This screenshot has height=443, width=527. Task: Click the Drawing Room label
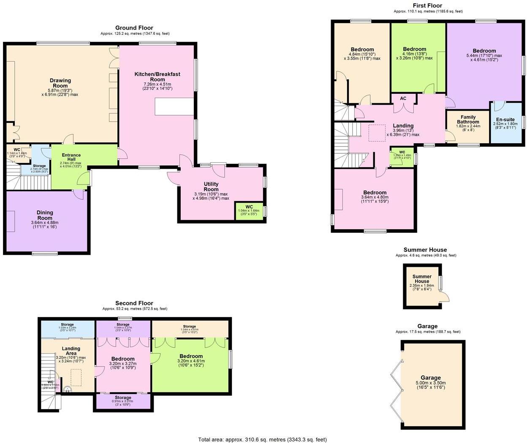60,83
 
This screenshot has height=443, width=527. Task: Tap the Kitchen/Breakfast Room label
157,77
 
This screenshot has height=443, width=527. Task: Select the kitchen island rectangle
174,106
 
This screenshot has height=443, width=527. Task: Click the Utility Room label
211,187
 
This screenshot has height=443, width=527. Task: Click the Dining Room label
45,215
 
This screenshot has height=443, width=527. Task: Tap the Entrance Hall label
71,158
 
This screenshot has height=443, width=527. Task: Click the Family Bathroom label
468,120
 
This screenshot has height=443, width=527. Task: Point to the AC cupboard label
403,98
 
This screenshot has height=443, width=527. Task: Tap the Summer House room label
421,279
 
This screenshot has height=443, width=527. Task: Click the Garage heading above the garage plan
427,326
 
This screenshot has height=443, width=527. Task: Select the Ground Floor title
134,28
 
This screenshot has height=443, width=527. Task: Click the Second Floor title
134,303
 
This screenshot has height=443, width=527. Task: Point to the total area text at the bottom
262,439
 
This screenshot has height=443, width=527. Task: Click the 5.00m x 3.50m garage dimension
430,383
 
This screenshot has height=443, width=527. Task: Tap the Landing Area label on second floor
71,351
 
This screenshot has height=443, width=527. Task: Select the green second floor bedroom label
191,356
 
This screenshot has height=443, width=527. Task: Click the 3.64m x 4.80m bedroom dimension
375,197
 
